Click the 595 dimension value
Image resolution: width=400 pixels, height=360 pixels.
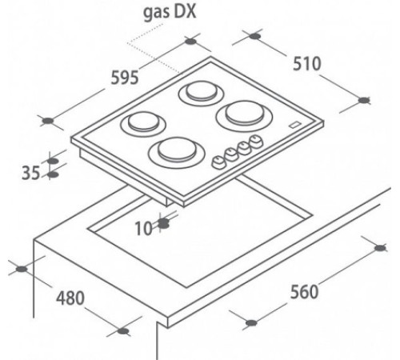[x=125, y=78]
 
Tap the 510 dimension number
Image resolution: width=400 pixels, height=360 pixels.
[x=306, y=64]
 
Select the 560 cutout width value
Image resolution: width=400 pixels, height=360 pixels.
[x=304, y=291]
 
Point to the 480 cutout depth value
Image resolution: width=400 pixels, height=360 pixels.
[x=70, y=298]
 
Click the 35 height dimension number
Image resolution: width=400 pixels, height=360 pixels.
[x=30, y=173]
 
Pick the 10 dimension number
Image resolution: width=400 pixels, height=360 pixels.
[x=144, y=228]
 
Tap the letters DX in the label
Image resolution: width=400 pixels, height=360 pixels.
[x=186, y=11]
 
